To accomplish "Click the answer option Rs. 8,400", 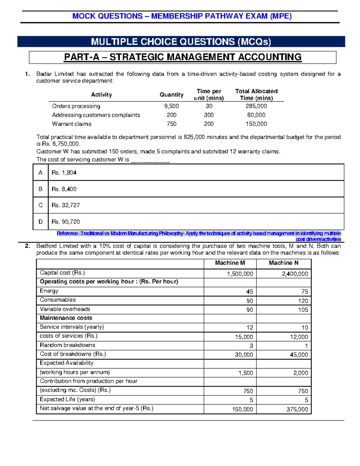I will point(64,189).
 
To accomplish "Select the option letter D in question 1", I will point(40,222).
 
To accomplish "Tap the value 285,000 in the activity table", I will point(256,106).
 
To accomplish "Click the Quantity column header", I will point(171,95).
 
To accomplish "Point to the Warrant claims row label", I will point(71,124).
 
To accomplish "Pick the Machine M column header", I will point(230,263).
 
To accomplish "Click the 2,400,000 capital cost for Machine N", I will point(295,274).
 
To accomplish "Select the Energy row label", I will point(49,291).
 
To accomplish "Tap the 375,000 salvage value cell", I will point(297,409).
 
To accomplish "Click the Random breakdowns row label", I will point(67,345).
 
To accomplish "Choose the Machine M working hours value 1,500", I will point(246,373).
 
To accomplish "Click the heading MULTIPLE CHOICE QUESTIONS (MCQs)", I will point(181,42).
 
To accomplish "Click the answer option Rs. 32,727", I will point(66,205).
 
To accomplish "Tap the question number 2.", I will point(27,246).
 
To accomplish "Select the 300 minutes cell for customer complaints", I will point(209,115).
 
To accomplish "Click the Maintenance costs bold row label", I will point(66,318).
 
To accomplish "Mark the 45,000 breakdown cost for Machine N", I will point(299,355).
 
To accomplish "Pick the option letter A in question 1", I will point(40,173).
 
